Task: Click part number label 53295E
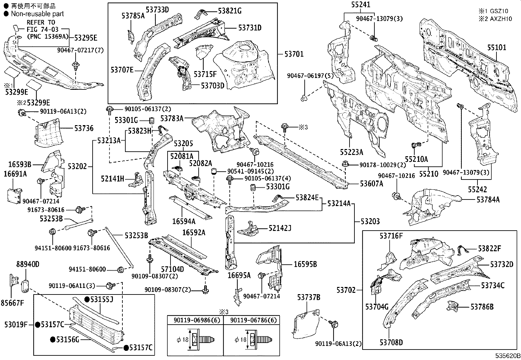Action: [x=86, y=38]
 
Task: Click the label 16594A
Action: [x=184, y=221]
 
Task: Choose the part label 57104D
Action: [x=173, y=269]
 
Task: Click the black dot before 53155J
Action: [x=87, y=299]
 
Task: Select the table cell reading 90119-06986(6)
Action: [x=195, y=320]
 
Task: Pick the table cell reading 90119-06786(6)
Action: [x=251, y=320]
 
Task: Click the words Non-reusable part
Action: [x=37, y=14]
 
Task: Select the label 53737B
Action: [x=309, y=297]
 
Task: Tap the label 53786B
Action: [x=482, y=307]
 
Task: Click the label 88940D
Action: [x=28, y=264]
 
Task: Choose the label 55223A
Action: [x=351, y=152]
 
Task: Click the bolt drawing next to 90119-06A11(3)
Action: [x=111, y=286]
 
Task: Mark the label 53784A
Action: [x=488, y=199]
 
